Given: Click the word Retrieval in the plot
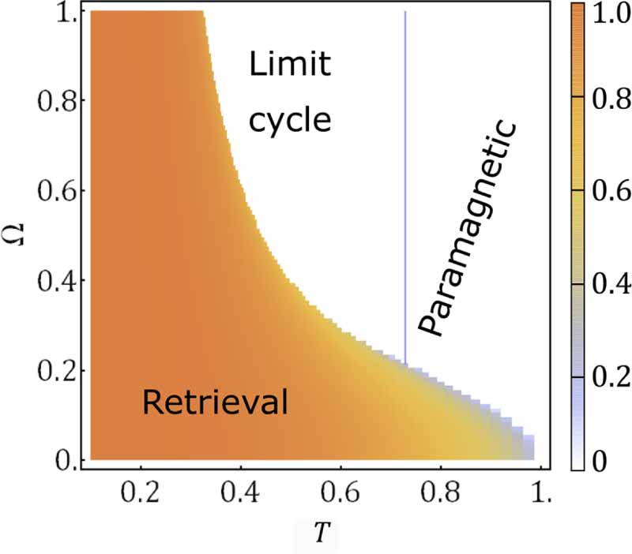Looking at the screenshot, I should pos(214,403).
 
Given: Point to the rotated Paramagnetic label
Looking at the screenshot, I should pos(466,229).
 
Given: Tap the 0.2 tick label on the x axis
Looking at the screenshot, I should pos(141,497).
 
